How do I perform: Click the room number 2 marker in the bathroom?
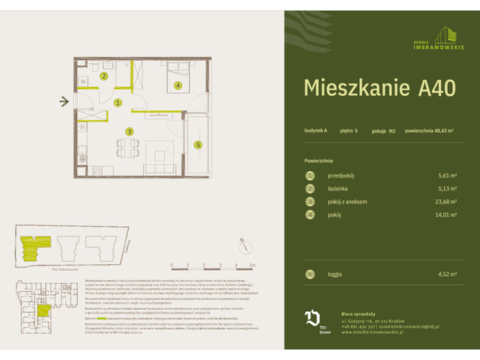[104, 76]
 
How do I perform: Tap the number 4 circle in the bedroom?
[178, 85]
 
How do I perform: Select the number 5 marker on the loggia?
[198, 145]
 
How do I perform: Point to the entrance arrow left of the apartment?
[65, 101]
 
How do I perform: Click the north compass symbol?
[242, 241]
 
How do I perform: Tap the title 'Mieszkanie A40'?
[379, 88]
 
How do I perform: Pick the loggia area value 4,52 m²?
[448, 274]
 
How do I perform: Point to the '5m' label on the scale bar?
[253, 265]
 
